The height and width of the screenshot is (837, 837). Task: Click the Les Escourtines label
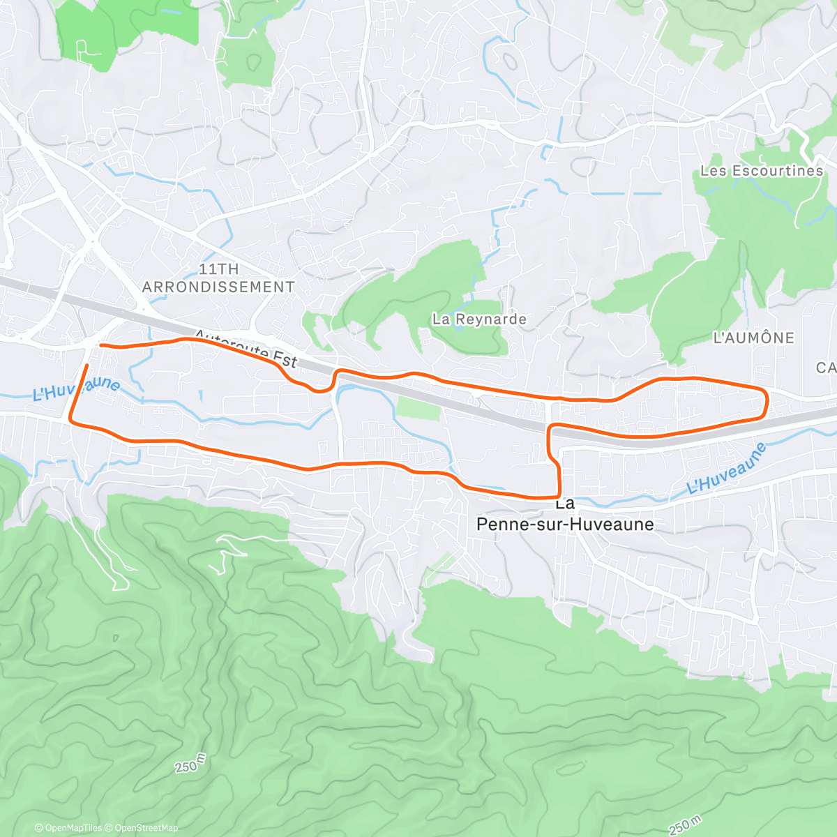[762, 171]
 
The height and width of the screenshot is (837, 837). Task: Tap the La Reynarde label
[479, 319]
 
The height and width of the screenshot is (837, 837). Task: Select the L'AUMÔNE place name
[753, 338]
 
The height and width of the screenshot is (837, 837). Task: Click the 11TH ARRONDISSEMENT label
[218, 278]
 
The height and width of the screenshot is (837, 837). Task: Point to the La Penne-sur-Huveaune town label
[565, 515]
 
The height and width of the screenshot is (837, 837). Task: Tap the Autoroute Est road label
[246, 348]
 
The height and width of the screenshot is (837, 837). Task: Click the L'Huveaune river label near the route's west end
[76, 389]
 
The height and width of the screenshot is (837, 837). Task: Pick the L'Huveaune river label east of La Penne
[727, 468]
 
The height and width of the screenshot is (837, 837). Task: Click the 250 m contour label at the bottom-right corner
[685, 825]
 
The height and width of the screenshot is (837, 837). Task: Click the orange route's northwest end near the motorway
[102, 345]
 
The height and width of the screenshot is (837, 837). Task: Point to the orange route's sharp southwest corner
[70, 421]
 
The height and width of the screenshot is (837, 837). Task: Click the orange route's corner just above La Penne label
[559, 494]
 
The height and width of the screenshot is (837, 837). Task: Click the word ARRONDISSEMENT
[218, 287]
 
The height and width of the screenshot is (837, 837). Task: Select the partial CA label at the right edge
[826, 368]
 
